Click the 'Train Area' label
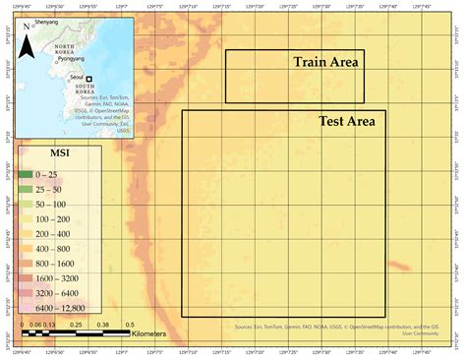pyautogui.click(x=325, y=62)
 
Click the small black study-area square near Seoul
pyautogui.click(x=88, y=79)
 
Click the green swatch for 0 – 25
pyautogui.click(x=26, y=174)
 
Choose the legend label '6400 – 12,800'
pyautogui.click(x=63, y=308)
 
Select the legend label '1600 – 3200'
pyautogui.click(x=61, y=278)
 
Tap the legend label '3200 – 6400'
pyautogui.click(x=61, y=293)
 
